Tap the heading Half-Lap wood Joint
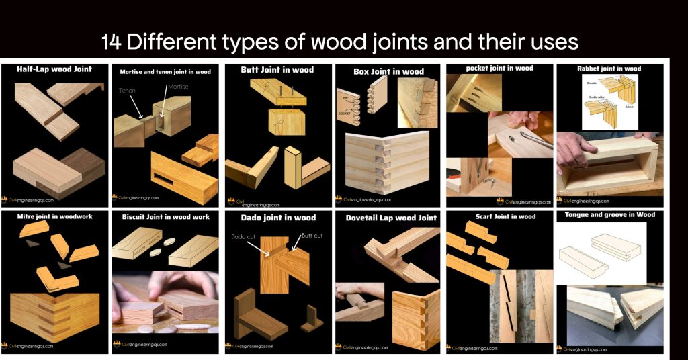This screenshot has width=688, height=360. (x=54, y=69)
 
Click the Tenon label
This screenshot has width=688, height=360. (x=128, y=90)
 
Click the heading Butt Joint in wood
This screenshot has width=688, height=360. (x=277, y=69)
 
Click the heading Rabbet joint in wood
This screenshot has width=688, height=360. (x=609, y=69)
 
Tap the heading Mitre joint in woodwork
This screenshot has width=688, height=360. (x=54, y=217)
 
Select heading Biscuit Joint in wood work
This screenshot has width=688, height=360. (x=165, y=217)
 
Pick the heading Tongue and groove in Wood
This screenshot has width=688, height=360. (x=610, y=215)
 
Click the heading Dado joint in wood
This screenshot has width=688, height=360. (x=277, y=218)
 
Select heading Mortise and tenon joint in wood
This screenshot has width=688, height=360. (x=165, y=71)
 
